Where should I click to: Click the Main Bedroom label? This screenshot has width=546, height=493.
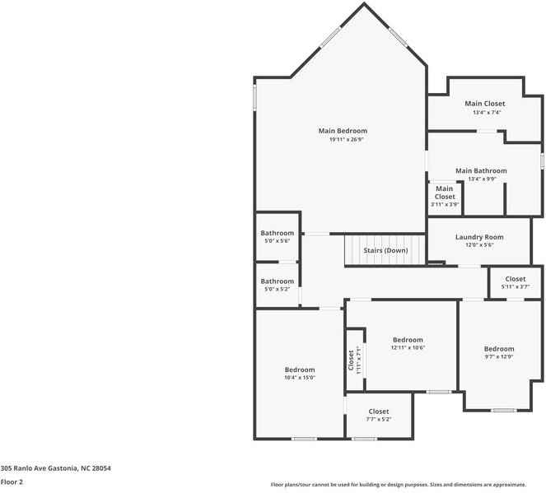pyautogui.click(x=343, y=131)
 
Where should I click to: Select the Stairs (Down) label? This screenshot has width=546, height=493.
pyautogui.click(x=385, y=250)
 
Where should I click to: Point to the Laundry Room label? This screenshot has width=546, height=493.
pyautogui.click(x=479, y=237)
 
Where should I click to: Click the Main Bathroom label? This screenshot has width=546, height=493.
pyautogui.click(x=481, y=170)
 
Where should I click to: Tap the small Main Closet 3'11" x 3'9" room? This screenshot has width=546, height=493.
pyautogui.click(x=445, y=196)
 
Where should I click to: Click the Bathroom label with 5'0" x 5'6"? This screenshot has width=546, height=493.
pyautogui.click(x=278, y=233)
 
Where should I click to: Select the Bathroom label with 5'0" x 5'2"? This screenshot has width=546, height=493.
pyautogui.click(x=278, y=281)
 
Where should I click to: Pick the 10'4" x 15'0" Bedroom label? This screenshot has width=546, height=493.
pyautogui.click(x=300, y=370)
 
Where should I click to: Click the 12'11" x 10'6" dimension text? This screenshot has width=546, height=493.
pyautogui.click(x=408, y=348)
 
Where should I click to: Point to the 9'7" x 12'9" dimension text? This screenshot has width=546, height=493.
pyautogui.click(x=498, y=357)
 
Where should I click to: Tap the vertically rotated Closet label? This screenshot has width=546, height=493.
pyautogui.click(x=352, y=360)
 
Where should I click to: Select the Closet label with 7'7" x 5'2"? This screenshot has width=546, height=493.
pyautogui.click(x=379, y=412)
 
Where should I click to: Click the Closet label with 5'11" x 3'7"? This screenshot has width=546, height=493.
pyautogui.click(x=516, y=279)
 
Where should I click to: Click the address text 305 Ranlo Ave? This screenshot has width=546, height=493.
pyautogui.click(x=55, y=468)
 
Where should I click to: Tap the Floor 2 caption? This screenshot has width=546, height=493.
pyautogui.click(x=12, y=482)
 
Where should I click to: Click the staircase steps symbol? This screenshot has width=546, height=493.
pyautogui.click(x=362, y=250)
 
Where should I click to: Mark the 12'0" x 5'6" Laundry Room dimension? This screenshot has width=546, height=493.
pyautogui.click(x=479, y=245)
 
